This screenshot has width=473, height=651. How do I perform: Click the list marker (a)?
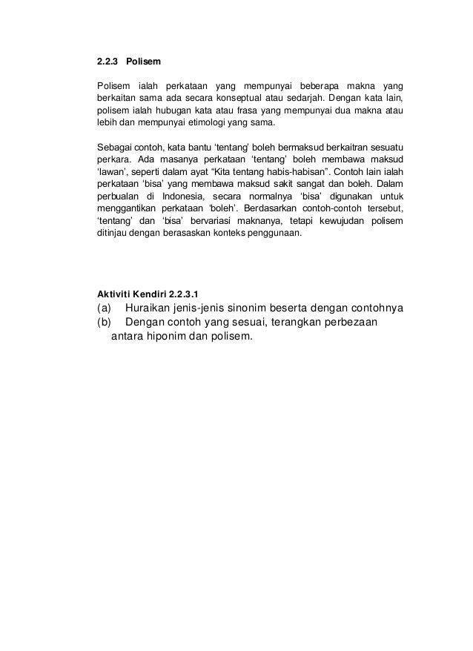(x=105, y=309)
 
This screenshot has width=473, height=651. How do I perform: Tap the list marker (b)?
(x=105, y=323)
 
